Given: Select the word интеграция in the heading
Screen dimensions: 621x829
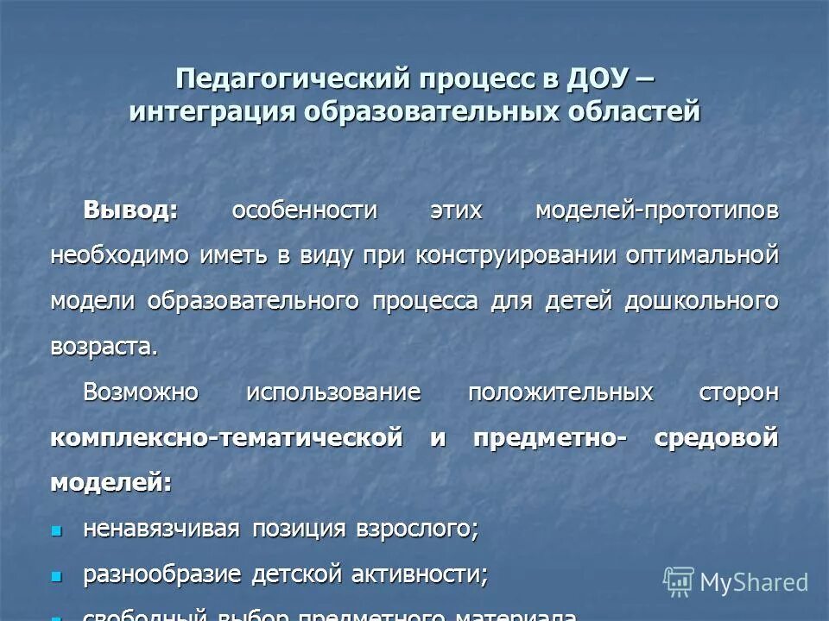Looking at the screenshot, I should click(211, 112).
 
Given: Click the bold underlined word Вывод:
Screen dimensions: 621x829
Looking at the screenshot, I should click(130, 210).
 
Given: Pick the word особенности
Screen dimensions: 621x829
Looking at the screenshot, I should click(304, 210).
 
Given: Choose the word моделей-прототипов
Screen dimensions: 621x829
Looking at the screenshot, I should click(656, 210).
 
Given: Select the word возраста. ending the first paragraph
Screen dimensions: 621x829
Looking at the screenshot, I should click(104, 347).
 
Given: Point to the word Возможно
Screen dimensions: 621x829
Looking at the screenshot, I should click(141, 392).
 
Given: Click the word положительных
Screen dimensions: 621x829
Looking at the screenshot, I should click(560, 392).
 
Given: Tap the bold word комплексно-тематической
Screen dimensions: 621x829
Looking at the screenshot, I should click(226, 437).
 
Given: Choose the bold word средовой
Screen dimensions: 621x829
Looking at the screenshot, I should click(717, 437).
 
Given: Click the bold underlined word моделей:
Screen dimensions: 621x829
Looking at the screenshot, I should click(111, 482).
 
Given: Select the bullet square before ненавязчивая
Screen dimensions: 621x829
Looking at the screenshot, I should click(58, 530).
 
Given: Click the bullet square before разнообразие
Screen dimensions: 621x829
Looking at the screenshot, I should click(58, 575).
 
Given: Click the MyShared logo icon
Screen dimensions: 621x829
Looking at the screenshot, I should click(679, 581).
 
